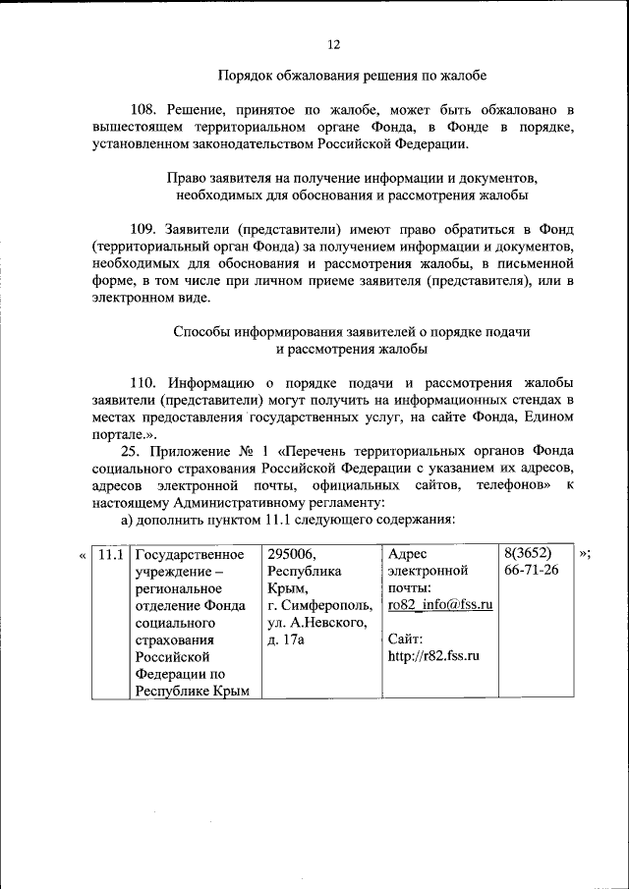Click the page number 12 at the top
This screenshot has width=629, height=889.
tap(333, 44)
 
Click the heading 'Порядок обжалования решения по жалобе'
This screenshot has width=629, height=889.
tap(352, 75)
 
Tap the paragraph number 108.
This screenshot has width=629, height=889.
tap(143, 109)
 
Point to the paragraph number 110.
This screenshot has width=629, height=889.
tap(143, 382)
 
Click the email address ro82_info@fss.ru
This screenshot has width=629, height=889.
tap(439, 605)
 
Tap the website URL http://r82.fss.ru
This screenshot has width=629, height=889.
tap(433, 655)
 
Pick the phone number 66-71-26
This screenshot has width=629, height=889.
tap(531, 571)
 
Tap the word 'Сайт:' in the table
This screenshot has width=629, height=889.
tap(406, 639)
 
